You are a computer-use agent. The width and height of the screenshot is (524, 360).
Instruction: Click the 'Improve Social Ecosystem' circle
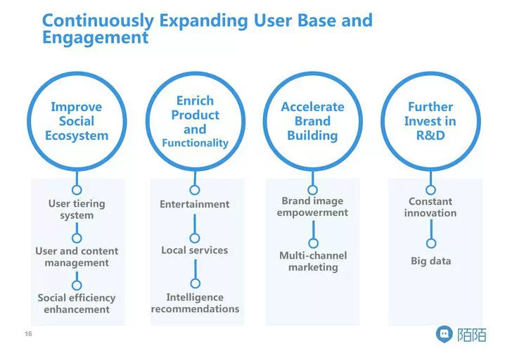click(77, 120)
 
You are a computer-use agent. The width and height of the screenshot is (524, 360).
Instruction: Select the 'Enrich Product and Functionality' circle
click(195, 121)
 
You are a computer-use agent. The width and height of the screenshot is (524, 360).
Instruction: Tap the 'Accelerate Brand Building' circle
click(312, 121)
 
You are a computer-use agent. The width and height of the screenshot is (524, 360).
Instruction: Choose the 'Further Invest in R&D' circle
click(430, 120)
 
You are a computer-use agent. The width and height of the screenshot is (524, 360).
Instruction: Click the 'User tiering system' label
click(77, 210)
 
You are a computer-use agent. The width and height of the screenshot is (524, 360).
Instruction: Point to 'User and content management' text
click(77, 257)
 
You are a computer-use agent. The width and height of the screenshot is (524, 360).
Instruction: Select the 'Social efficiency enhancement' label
click(77, 304)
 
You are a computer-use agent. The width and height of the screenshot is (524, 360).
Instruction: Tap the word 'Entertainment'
click(195, 204)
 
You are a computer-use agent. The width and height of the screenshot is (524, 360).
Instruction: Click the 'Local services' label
click(195, 250)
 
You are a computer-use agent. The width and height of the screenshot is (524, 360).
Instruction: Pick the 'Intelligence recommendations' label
click(195, 303)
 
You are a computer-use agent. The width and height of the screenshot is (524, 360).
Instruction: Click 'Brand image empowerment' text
click(312, 207)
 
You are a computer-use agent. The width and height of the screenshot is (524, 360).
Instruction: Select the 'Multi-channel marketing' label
click(312, 261)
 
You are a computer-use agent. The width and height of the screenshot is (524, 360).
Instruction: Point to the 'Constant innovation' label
click(430, 207)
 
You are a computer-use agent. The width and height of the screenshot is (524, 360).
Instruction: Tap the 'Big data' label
click(430, 261)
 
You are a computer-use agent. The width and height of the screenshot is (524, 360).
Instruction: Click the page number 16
click(29, 333)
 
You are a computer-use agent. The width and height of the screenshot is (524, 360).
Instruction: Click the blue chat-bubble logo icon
click(445, 334)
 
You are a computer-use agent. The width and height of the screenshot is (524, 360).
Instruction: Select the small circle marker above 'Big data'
click(431, 243)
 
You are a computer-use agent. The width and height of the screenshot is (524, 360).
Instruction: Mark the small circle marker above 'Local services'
click(195, 238)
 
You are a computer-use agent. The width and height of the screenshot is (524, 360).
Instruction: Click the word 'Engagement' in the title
click(95, 37)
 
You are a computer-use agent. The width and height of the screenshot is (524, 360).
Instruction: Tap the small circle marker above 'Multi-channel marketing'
click(313, 244)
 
